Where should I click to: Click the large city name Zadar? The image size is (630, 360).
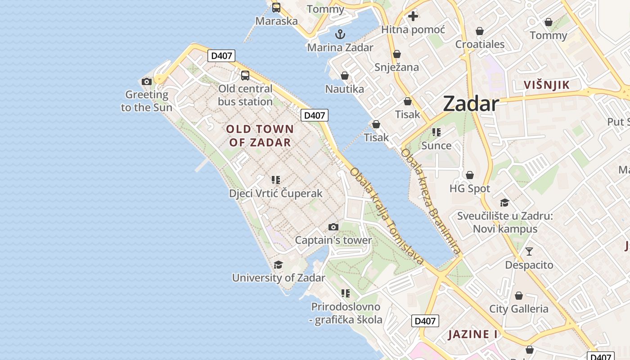pyautogui.click(x=471, y=104)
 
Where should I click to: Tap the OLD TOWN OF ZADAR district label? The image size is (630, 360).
pyautogui.click(x=260, y=136)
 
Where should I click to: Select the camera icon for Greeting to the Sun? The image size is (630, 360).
pyautogui.click(x=146, y=81)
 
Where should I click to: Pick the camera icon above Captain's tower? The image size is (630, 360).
pyautogui.click(x=333, y=227)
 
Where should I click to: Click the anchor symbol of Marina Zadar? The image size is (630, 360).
pyautogui.click(x=340, y=34)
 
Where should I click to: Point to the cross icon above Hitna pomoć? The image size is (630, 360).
pyautogui.click(x=413, y=17)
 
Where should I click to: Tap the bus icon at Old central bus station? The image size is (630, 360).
pyautogui.click(x=245, y=75)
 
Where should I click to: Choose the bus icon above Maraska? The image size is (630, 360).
pyautogui.click(x=276, y=8)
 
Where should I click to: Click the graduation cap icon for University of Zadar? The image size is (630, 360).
pyautogui.click(x=279, y=265)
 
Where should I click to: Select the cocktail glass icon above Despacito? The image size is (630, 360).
pyautogui.click(x=529, y=252)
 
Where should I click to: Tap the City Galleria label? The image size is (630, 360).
pyautogui.click(x=518, y=309)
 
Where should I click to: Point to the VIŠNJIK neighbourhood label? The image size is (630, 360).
pyautogui.click(x=547, y=85)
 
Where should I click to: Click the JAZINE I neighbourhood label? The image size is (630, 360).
pyautogui.click(x=473, y=334)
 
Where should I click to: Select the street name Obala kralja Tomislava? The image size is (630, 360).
pyautogui.click(x=387, y=216)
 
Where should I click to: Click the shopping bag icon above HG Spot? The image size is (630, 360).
pyautogui.click(x=470, y=175)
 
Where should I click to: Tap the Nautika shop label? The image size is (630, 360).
pyautogui.click(x=345, y=89)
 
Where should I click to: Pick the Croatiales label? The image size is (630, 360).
pyautogui.click(x=480, y=44)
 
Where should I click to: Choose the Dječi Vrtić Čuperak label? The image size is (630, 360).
pyautogui.click(x=276, y=193)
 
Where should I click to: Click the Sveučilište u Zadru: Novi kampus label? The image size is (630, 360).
pyautogui.click(x=505, y=222)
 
